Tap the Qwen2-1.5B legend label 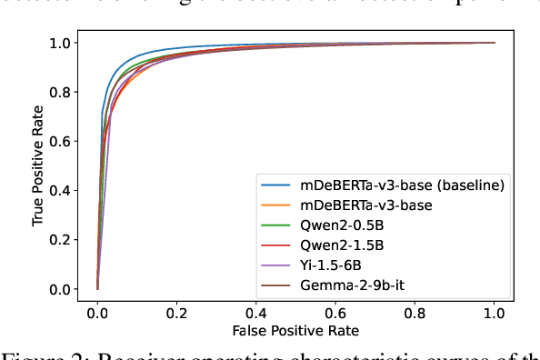(x=341, y=245)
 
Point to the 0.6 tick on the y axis (x=61, y=141)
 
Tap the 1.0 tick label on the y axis (x=61, y=43)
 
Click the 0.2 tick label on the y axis (x=61, y=240)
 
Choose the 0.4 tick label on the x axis (x=256, y=309)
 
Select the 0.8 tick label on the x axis (x=415, y=309)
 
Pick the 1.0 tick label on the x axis (x=495, y=309)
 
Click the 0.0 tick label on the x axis (x=97, y=309)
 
